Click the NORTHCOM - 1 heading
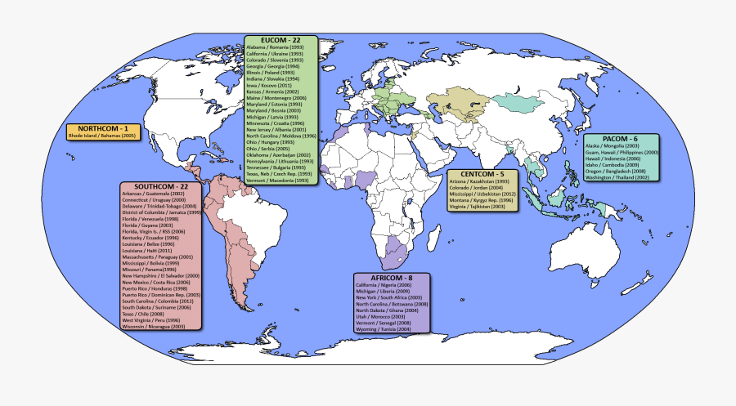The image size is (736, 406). point(103,129)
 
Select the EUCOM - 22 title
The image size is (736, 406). point(280,39)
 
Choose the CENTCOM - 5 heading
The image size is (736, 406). point(482,174)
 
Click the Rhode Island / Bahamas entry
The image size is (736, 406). point(102,136)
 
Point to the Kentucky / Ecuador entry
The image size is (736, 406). point(150,238)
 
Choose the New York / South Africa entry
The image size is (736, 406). point(389,297)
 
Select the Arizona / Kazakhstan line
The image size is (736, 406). point(479,181)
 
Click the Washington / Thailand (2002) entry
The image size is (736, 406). point(617,177)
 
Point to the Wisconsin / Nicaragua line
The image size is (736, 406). point(154,326)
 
